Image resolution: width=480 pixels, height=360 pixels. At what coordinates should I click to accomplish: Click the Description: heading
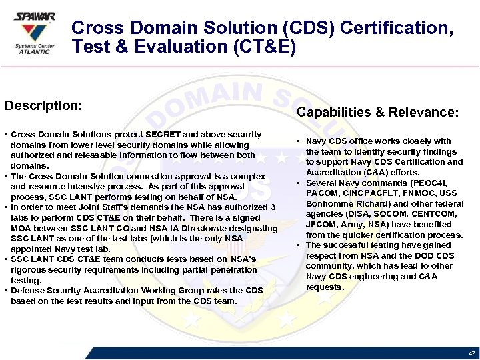43,106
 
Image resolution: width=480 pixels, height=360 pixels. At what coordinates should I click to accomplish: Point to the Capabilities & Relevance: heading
377,113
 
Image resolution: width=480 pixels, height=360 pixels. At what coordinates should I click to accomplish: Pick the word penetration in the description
233,269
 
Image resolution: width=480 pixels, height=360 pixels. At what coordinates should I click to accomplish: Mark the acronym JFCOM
321,225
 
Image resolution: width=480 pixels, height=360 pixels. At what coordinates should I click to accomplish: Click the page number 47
471,353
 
